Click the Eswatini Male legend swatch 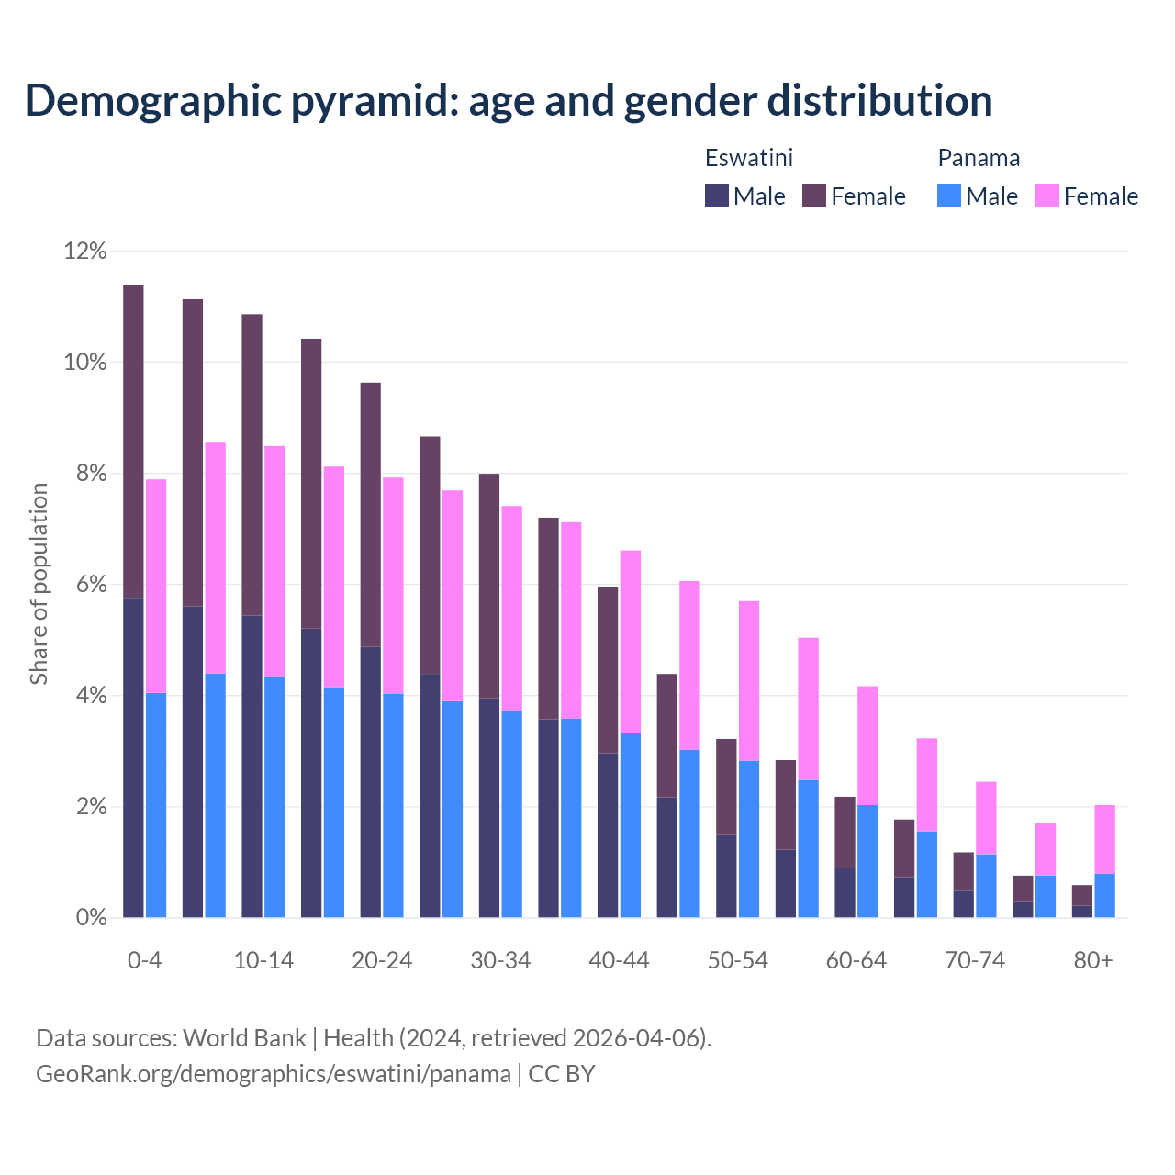(x=716, y=196)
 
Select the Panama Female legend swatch (x=1046, y=196)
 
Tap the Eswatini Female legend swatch (x=814, y=196)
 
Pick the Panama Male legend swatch (x=949, y=196)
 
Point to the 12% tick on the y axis (x=85, y=251)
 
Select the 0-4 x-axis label (x=144, y=960)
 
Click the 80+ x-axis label (x=1093, y=960)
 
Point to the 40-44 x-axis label (x=619, y=960)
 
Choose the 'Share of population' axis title (x=39, y=584)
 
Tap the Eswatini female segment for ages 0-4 (x=133, y=441)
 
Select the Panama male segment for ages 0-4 (x=156, y=805)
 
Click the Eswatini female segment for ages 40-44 (x=608, y=669)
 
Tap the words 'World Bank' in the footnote (x=244, y=1038)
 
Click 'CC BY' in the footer (x=562, y=1074)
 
